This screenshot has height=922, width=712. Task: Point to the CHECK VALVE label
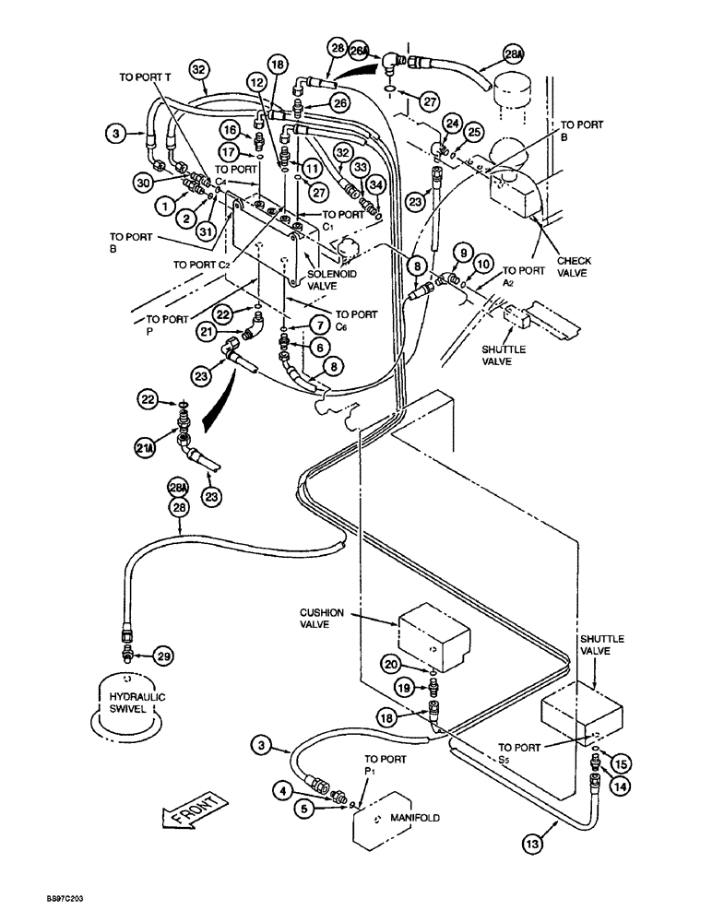coord(575,267)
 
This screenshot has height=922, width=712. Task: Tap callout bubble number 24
coord(452,121)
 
